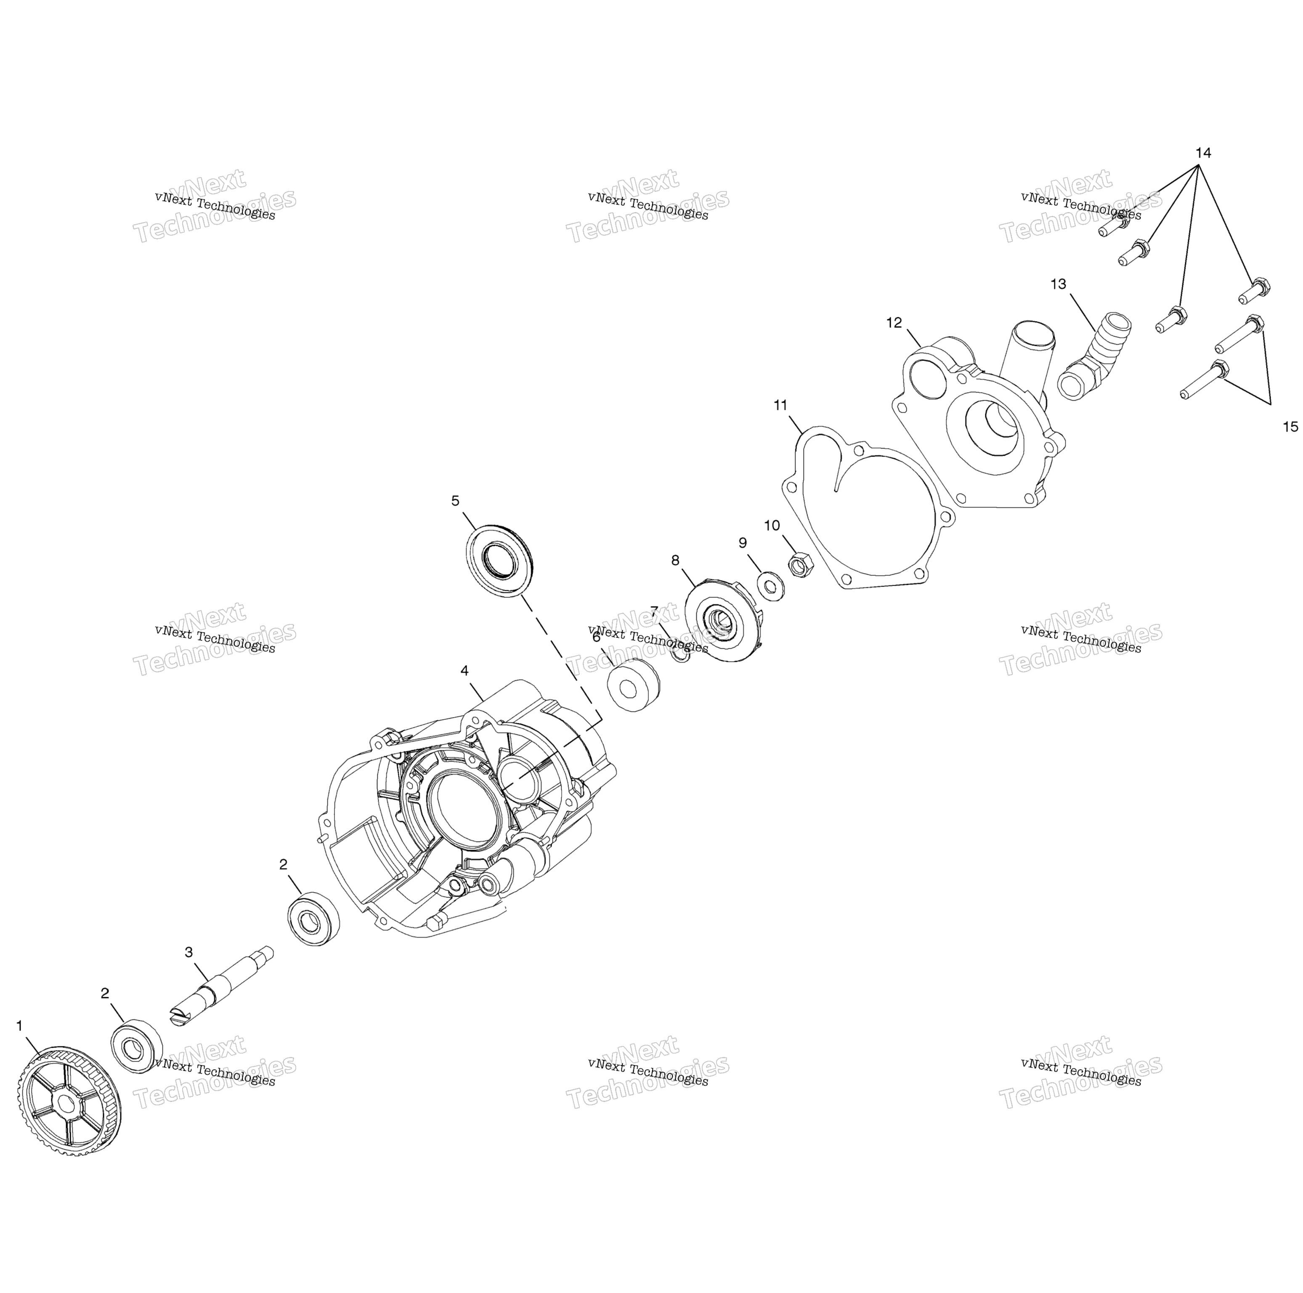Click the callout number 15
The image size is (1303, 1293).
tap(1290, 426)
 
